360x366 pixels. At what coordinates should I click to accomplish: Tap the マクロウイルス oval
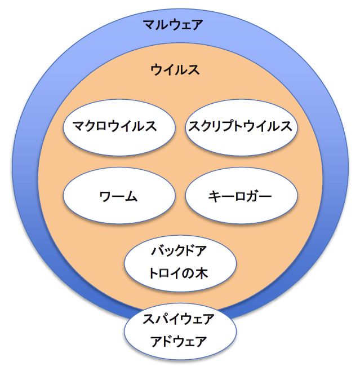(118, 126)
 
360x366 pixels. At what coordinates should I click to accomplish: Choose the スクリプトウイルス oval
(241, 126)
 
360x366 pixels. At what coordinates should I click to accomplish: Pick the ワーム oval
(118, 197)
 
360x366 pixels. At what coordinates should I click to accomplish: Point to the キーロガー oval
(241, 197)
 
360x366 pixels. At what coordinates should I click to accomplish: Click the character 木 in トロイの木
(201, 274)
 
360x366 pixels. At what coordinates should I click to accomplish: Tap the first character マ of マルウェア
(149, 25)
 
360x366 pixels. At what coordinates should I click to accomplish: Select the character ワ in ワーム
(105, 197)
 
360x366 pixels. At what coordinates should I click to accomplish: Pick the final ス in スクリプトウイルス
(286, 126)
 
